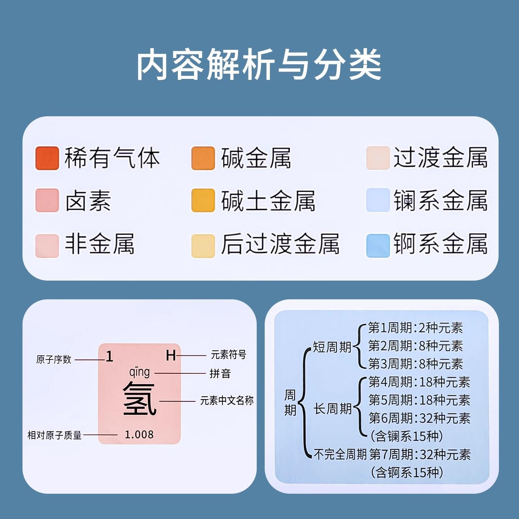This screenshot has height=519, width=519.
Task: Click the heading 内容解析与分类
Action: pos(259,65)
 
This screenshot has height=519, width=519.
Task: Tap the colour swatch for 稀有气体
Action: pos(47,158)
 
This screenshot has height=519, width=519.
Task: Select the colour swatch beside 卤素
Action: pos(47,200)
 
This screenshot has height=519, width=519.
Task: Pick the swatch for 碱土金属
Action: pos(203,200)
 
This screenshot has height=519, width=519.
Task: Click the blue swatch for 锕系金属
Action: pos(378,245)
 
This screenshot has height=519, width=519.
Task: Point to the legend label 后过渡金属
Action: pos(280,244)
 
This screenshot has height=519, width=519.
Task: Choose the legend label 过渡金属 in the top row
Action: pos(440,158)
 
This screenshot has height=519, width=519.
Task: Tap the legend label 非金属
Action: pos(100,244)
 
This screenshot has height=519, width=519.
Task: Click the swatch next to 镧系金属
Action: pos(378,200)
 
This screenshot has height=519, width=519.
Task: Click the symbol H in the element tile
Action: pos(171,355)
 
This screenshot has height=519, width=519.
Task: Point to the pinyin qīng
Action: pos(139,373)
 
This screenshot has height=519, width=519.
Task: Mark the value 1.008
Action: pos(139,435)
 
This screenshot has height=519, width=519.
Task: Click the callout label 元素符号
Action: pos(228,355)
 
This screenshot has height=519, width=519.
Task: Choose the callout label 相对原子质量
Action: pos(54,435)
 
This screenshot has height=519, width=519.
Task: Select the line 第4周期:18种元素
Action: pos(419,382)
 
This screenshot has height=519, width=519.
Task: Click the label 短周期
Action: pos(332,347)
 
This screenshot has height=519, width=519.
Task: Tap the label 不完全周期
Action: pos(340,454)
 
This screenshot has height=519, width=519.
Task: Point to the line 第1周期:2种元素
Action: pos(415,328)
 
